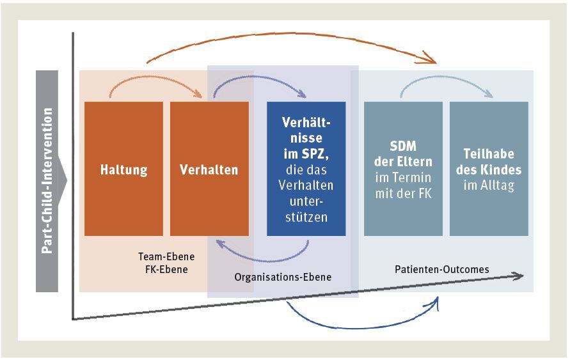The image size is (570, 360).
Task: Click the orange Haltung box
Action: [123, 169]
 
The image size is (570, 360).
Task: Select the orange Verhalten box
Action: [209, 169]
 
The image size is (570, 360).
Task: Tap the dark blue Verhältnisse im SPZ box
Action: [306, 169]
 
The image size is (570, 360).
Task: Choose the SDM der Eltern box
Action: [402, 169]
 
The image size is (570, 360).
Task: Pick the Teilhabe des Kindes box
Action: [489, 169]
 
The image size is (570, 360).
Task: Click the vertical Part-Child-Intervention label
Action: [47, 181]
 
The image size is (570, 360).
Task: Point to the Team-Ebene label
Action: [166, 257]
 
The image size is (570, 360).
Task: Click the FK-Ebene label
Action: [166, 269]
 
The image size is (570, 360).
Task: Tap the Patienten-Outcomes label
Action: [441, 269]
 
